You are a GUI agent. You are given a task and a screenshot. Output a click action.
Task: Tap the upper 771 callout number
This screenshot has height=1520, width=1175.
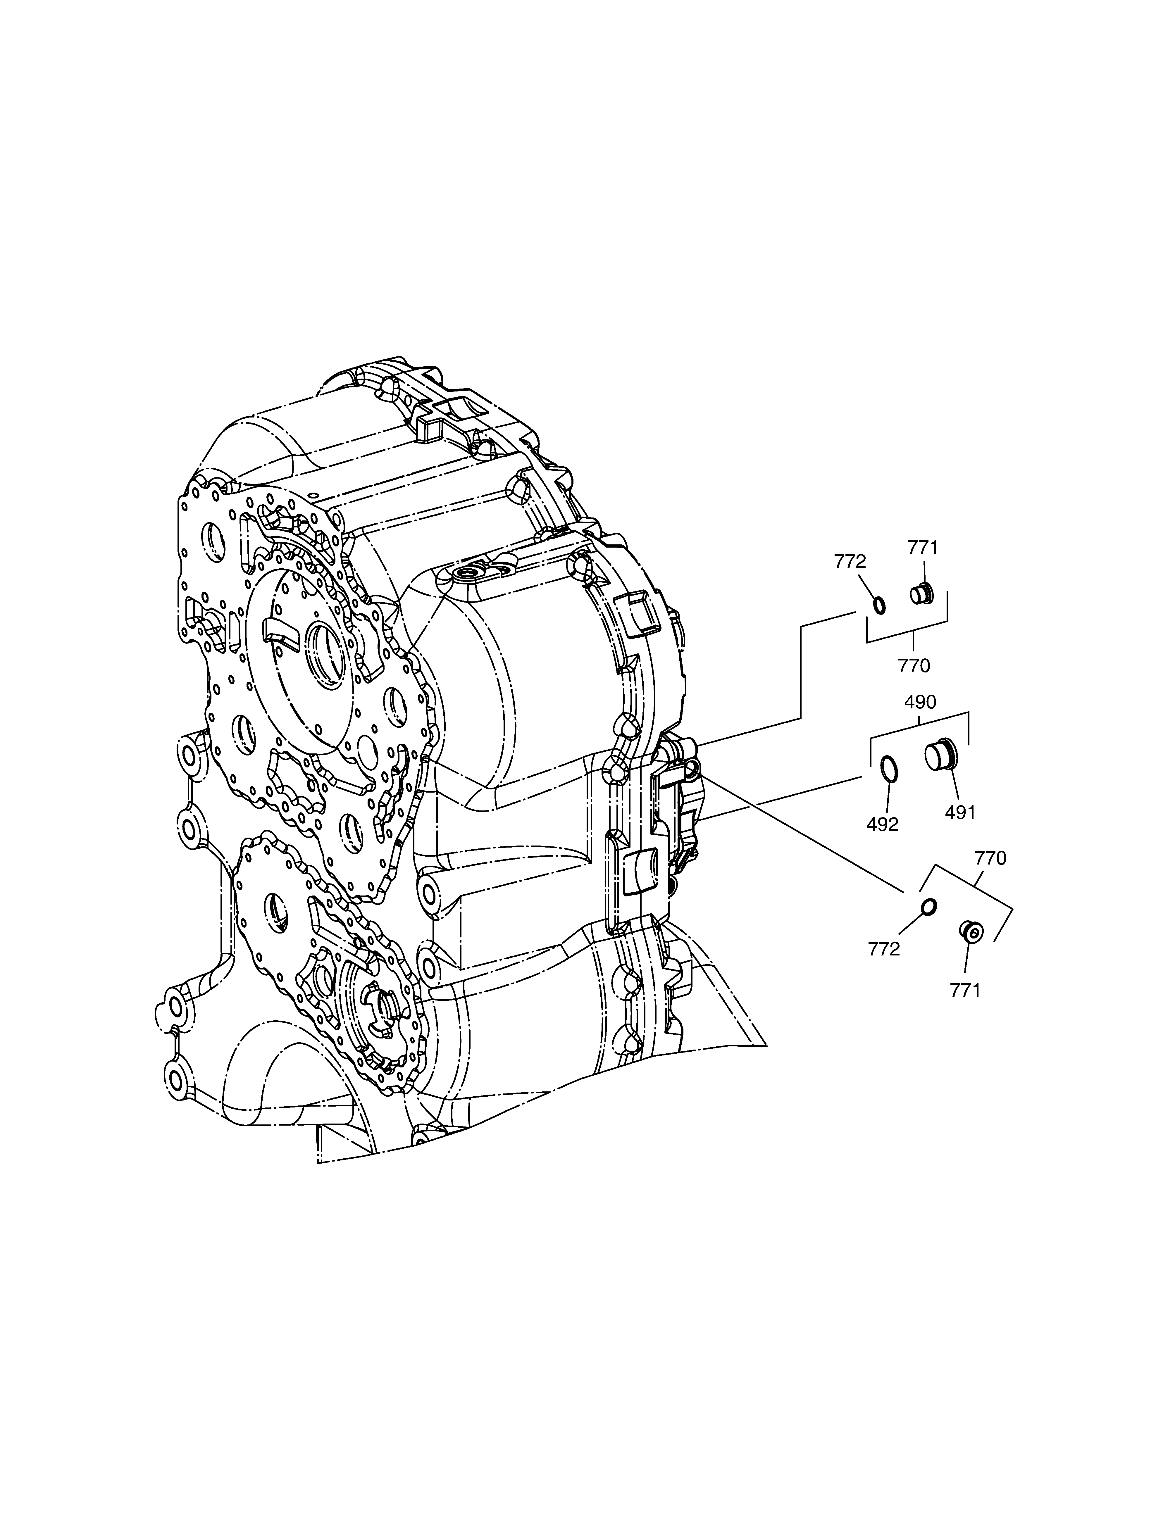(923, 548)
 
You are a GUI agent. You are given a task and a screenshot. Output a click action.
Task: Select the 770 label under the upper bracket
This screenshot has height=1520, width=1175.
(914, 666)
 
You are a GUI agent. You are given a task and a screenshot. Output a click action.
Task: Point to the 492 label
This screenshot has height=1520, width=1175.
(883, 825)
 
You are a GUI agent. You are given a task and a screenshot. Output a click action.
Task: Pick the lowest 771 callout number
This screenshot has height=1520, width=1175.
(966, 990)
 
